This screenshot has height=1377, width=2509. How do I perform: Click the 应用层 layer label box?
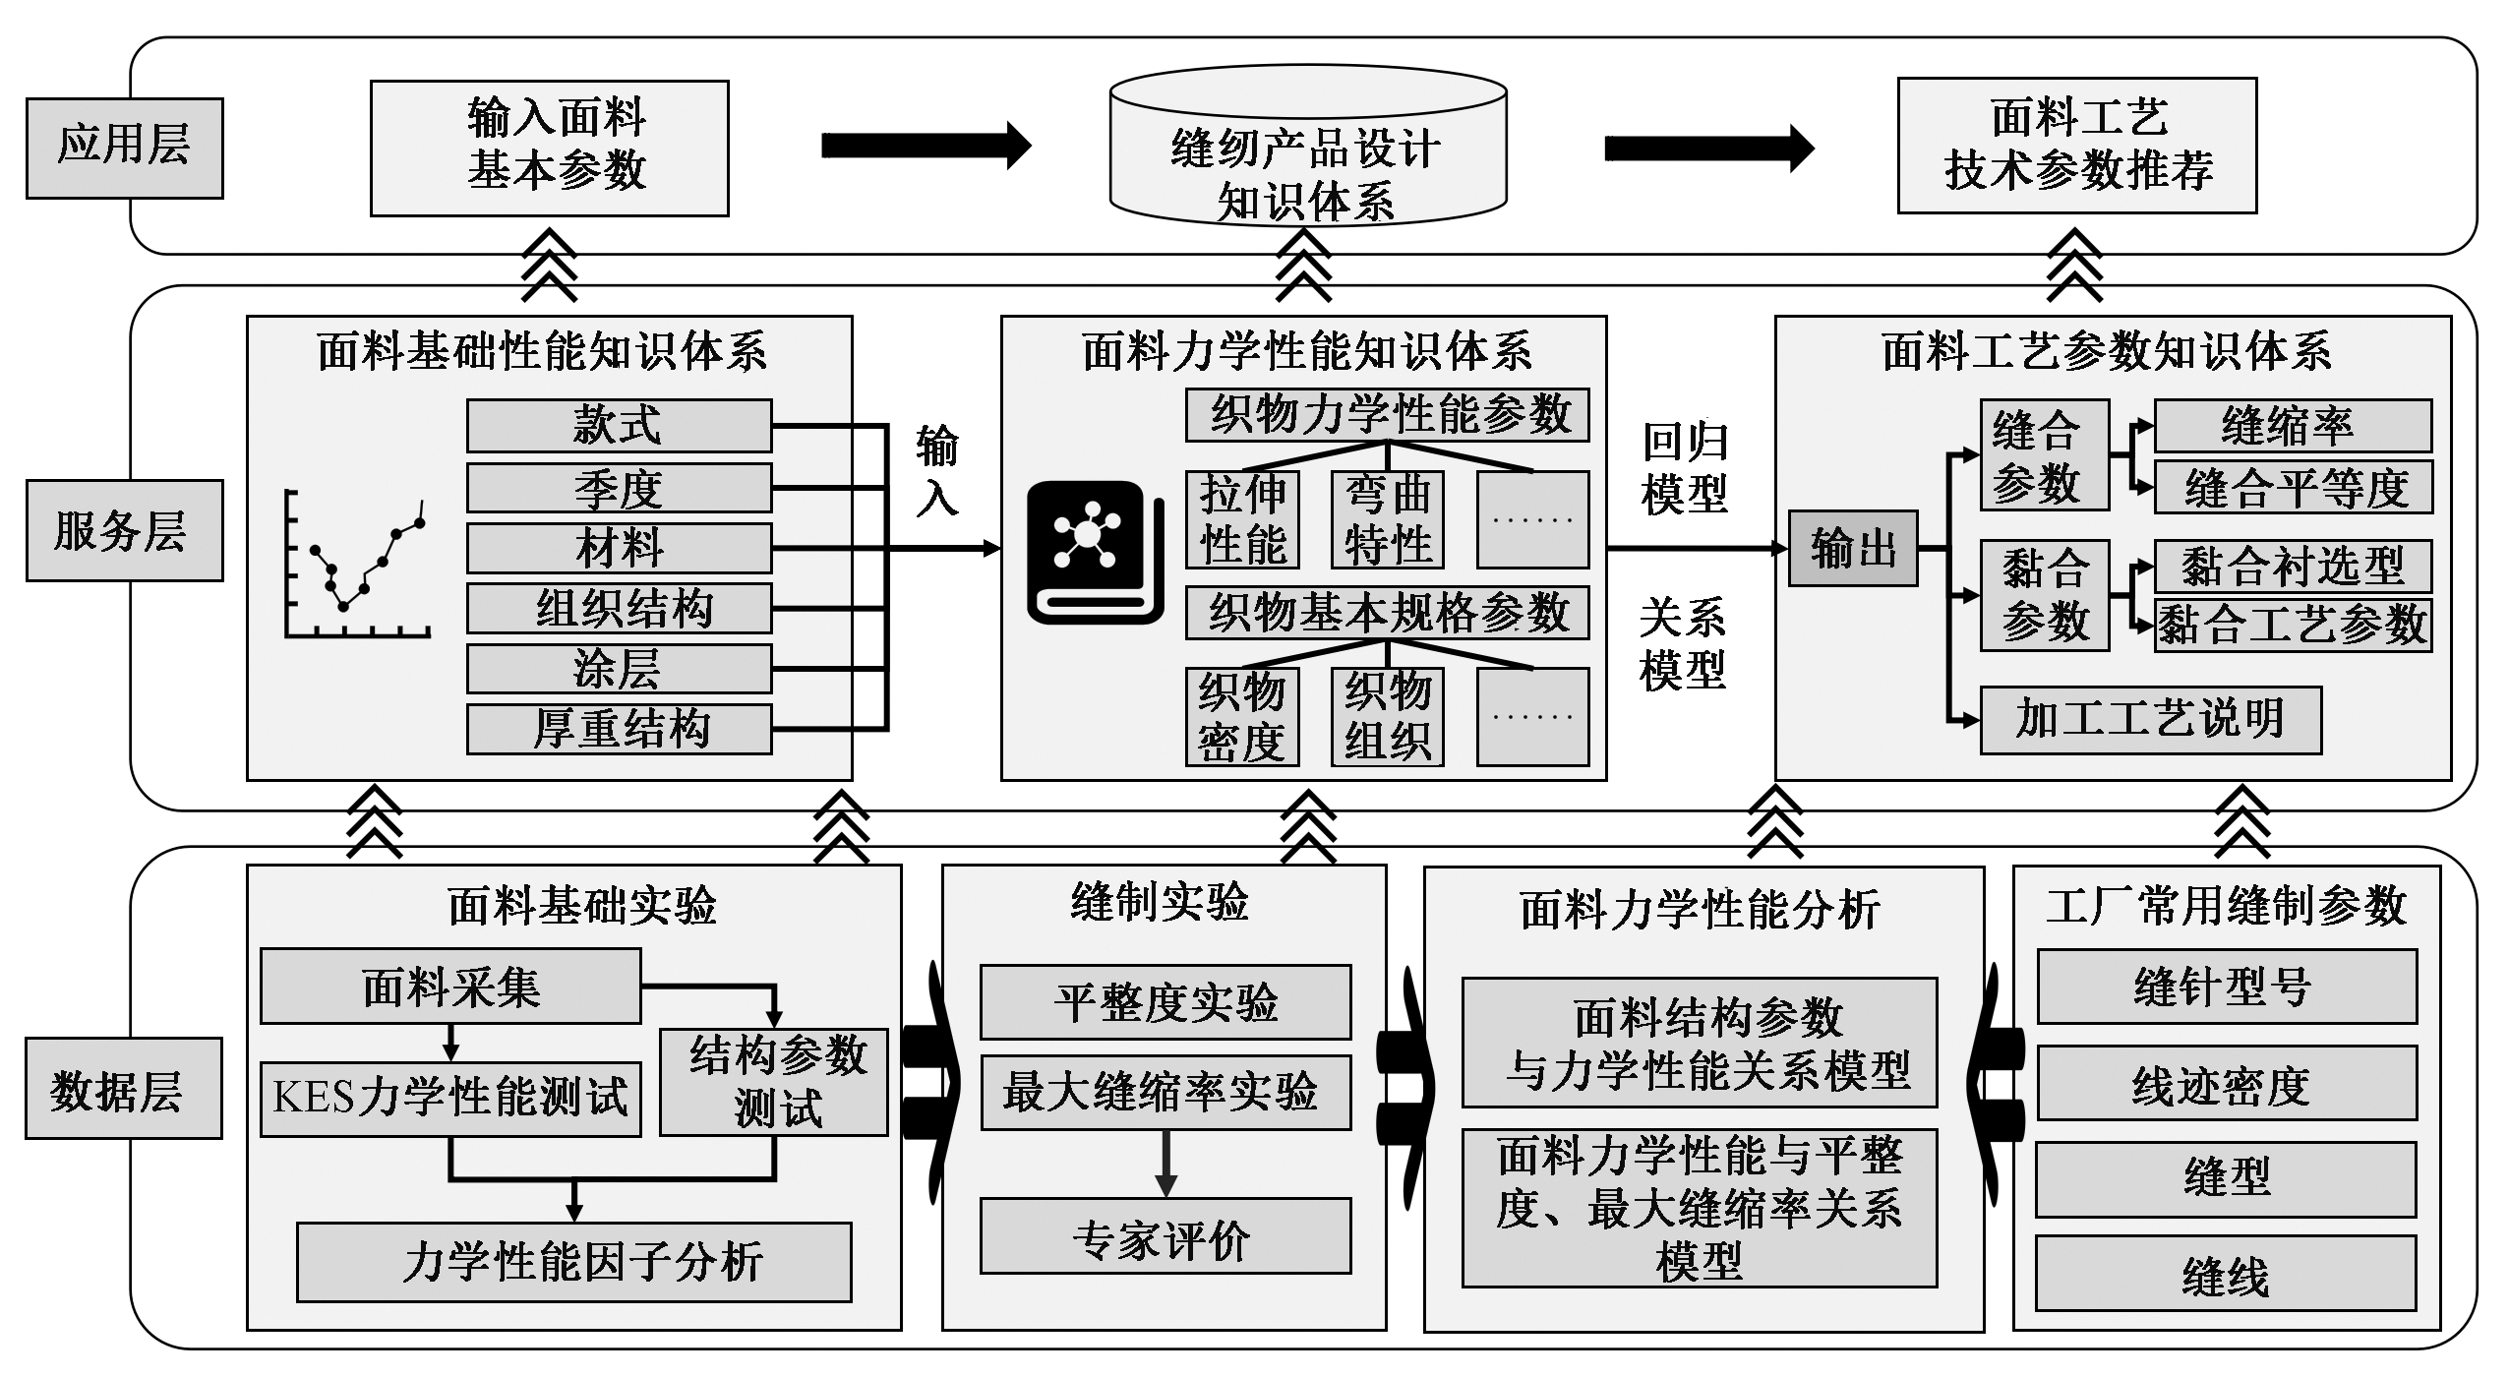coord(124,148)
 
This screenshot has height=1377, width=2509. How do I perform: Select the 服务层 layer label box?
coord(124,530)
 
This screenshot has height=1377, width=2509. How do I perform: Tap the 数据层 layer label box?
coord(123,1088)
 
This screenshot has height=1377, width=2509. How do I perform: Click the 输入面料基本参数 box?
coord(549,148)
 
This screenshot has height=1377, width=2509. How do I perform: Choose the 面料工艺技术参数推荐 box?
coord(2076,146)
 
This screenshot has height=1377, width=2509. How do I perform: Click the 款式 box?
coord(619,425)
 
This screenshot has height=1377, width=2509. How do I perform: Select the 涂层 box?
coord(619,669)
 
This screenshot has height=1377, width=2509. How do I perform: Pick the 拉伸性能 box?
coord(1242,519)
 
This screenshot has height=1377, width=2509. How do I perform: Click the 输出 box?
coord(1852,548)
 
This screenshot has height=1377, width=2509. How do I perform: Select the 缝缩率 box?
coord(2292,425)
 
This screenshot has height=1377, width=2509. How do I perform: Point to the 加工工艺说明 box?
coord(2150,720)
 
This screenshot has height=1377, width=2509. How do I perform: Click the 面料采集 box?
coord(450,987)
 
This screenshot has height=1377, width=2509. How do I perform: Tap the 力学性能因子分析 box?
coord(573,1262)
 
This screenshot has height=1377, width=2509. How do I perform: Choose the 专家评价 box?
coord(1165,1235)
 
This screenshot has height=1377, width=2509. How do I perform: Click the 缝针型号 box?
coord(2226,987)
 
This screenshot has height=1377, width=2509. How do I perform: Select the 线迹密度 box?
coord(2226,1083)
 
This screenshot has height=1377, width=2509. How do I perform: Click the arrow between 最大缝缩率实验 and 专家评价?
coord(1165,1163)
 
